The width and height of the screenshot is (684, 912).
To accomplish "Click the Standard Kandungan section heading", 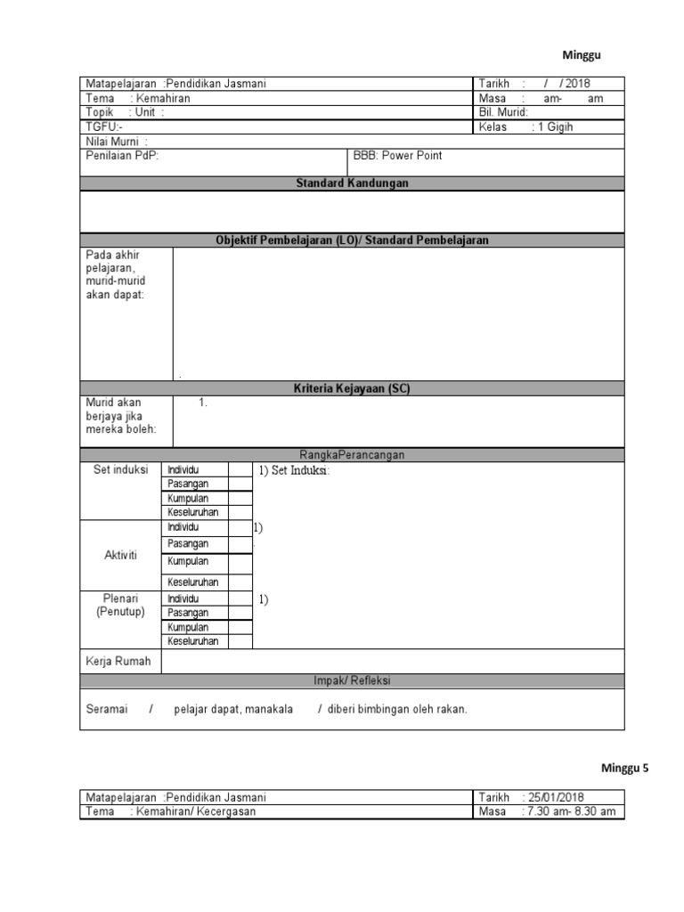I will pyautogui.click(x=352, y=183).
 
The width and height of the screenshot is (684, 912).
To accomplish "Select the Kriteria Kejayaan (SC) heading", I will pyautogui.click(x=352, y=388).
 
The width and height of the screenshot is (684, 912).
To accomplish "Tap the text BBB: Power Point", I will pyautogui.click(x=397, y=156).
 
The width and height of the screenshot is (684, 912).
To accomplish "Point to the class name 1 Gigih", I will pyautogui.click(x=554, y=127).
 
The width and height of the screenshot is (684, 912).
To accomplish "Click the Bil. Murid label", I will pyautogui.click(x=503, y=113).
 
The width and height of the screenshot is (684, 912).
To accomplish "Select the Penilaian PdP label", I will pyautogui.click(x=123, y=156).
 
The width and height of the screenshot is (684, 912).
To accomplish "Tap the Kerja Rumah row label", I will pyautogui.click(x=118, y=662).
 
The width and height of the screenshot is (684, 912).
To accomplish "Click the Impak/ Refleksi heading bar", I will pyautogui.click(x=352, y=681).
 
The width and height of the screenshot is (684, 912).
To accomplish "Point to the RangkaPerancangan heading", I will pyautogui.click(x=352, y=455).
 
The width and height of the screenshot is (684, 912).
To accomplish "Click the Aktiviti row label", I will pyautogui.click(x=120, y=555).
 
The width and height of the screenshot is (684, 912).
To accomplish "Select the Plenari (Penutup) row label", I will pyautogui.click(x=120, y=606).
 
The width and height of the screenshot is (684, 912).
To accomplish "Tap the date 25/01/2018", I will pyautogui.click(x=557, y=798).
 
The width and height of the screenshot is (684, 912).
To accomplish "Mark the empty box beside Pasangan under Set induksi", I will pyautogui.click(x=240, y=484).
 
